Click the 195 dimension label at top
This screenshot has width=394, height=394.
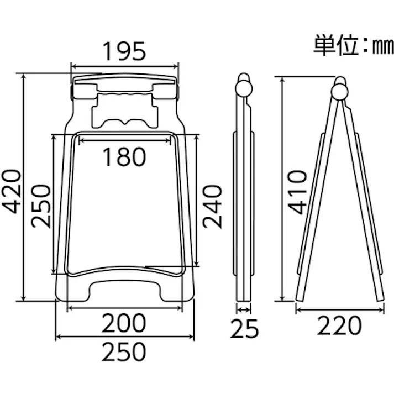pyautogui.click(x=124, y=51)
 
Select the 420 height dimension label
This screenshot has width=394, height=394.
pyautogui.click(x=12, y=191)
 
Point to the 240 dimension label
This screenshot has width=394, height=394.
pyautogui.click(x=212, y=206)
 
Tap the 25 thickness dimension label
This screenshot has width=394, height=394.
pyautogui.click(x=245, y=330)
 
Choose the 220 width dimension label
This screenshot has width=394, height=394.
pyautogui.click(x=339, y=326)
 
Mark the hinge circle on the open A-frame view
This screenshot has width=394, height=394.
pyautogui.click(x=341, y=90)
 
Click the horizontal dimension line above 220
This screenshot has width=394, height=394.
pyautogui.click(x=339, y=310)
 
